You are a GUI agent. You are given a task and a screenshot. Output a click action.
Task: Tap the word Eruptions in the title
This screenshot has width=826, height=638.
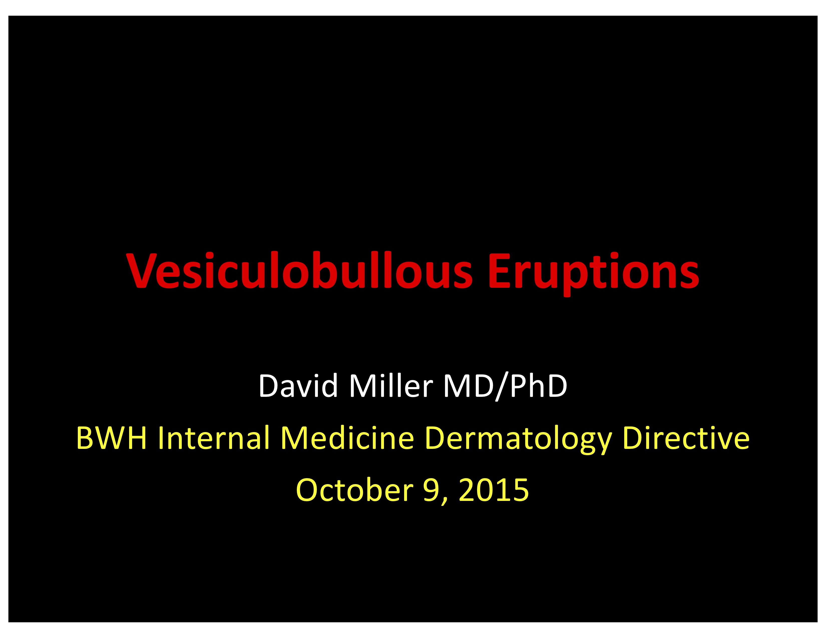[x=594, y=274]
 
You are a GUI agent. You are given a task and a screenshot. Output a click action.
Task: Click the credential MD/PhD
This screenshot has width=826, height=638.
[x=506, y=387]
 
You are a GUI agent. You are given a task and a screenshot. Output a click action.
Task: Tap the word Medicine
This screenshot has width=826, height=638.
[x=347, y=437]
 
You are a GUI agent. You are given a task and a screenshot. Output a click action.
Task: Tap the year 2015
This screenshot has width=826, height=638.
[x=494, y=490]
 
